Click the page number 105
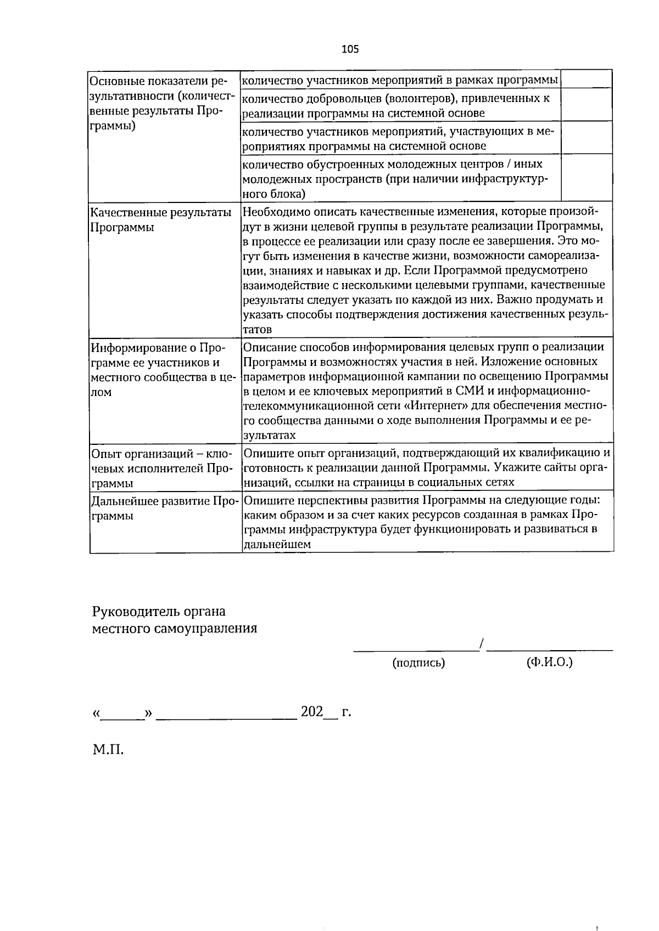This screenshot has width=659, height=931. [x=350, y=49]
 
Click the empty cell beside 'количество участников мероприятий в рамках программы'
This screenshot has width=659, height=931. [x=586, y=80]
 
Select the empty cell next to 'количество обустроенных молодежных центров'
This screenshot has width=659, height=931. [x=586, y=178]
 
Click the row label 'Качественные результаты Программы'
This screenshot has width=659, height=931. [x=160, y=219]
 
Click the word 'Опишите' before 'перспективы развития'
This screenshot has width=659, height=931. [x=265, y=500]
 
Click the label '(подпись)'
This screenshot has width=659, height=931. [x=418, y=663]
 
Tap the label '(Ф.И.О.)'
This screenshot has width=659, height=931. [x=549, y=662]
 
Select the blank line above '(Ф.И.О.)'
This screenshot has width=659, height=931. [x=550, y=650]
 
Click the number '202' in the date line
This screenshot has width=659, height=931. [x=311, y=712]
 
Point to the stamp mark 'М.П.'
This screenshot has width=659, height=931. [x=108, y=749]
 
